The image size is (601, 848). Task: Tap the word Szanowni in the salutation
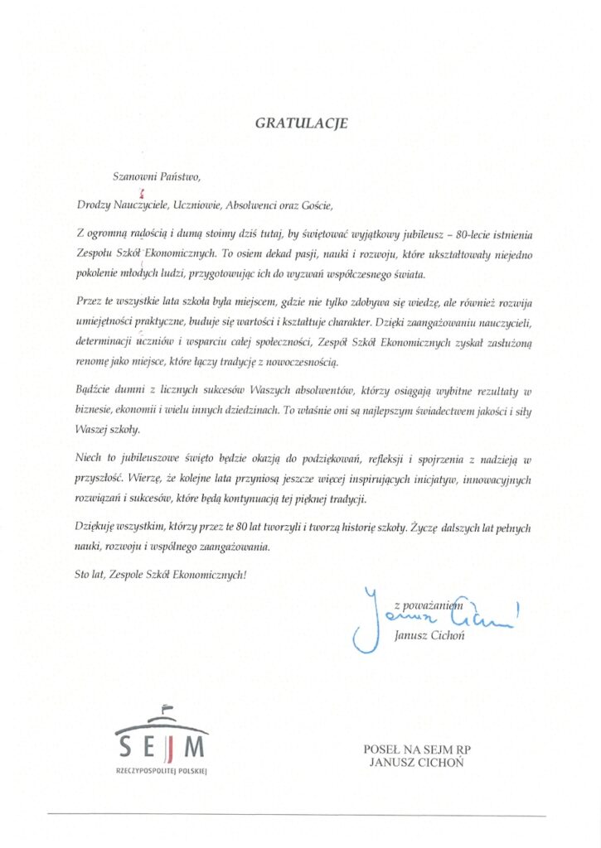click(133, 176)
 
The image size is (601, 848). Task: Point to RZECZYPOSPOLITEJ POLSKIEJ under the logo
click(161, 770)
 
